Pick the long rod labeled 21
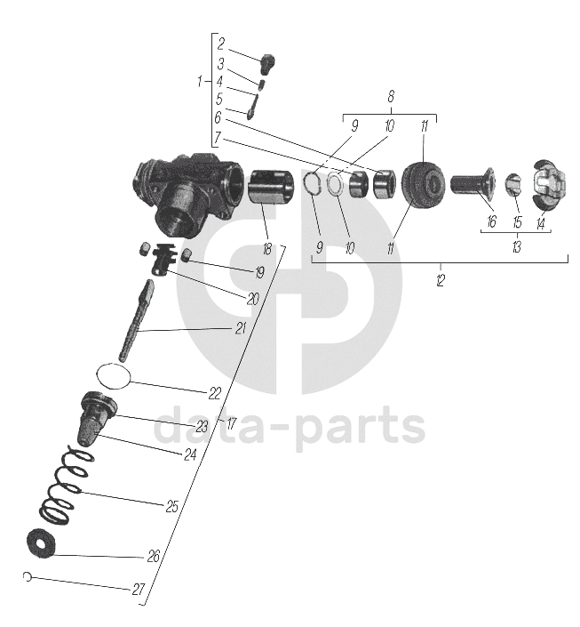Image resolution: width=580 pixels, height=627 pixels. (139, 316)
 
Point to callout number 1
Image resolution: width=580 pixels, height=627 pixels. (200, 82)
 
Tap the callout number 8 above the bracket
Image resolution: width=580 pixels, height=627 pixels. (390, 96)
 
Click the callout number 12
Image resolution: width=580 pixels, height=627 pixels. (441, 281)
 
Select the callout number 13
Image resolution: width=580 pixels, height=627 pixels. (516, 247)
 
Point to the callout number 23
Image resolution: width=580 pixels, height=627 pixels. (203, 426)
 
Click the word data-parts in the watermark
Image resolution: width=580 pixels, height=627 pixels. (289, 427)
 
